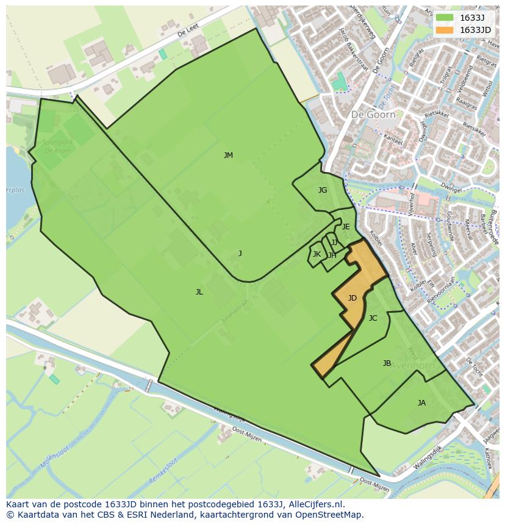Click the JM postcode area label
[x=228, y=155]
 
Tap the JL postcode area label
[x=199, y=292]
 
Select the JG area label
[x=323, y=190]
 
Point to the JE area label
[x=346, y=227]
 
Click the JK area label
[x=317, y=254]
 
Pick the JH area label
[x=332, y=255]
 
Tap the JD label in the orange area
[x=352, y=298]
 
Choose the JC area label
[x=373, y=318]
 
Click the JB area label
[x=387, y=363]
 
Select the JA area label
[x=421, y=403]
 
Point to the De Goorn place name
[x=373, y=114]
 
